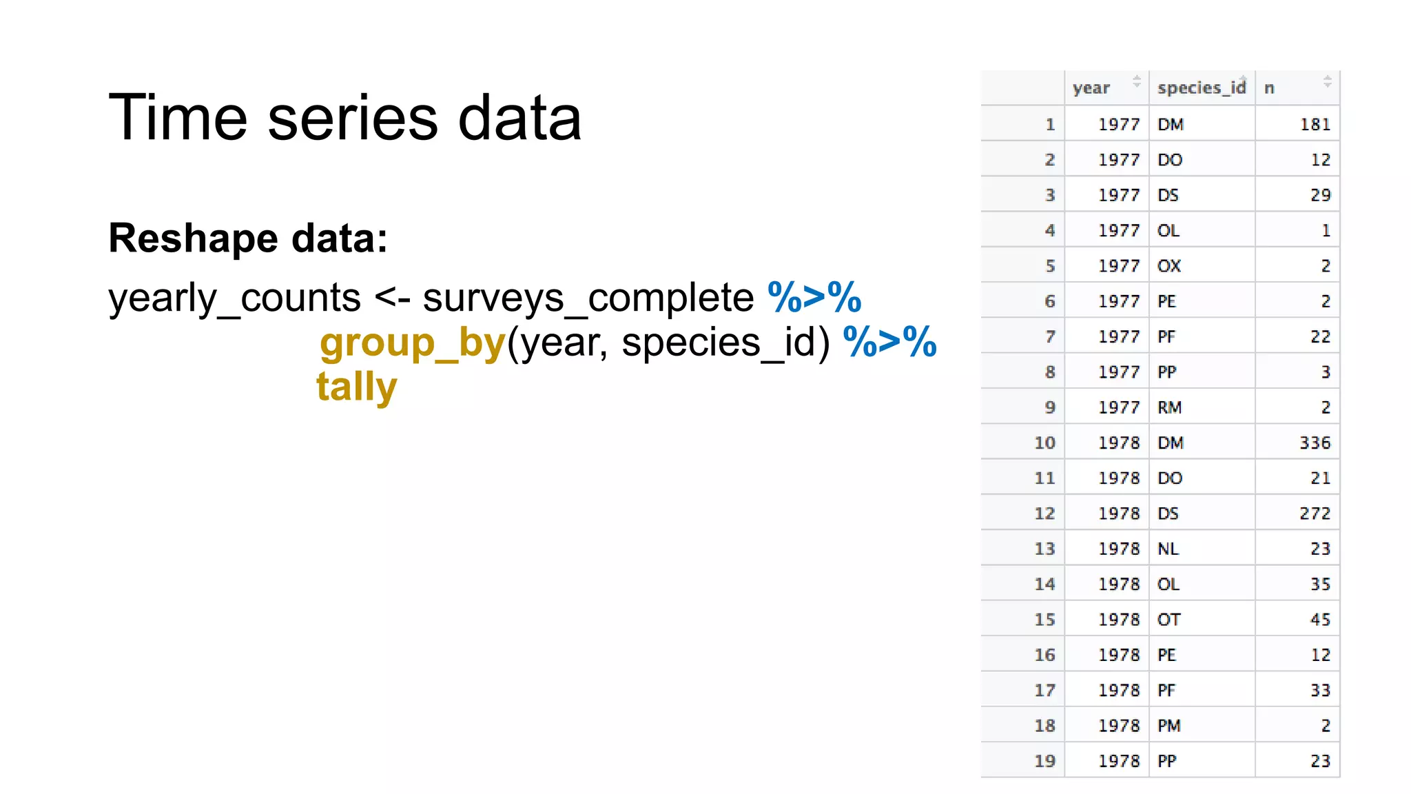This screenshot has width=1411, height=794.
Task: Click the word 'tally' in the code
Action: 356,387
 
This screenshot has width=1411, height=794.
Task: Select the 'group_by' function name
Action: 413,343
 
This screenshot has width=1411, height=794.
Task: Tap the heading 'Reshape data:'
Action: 248,238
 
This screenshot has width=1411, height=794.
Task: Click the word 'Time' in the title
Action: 177,118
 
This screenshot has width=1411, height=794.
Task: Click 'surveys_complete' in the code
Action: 588,298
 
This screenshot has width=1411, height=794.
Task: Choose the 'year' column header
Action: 1091,88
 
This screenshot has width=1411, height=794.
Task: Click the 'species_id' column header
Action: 1202,88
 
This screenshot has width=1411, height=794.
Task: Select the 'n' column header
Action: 1269,88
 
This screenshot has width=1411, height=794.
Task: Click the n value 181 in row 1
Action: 1315,125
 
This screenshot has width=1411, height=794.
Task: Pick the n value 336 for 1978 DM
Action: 1315,443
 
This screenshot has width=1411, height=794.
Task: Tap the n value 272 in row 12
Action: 1315,513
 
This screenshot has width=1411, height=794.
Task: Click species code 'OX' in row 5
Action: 1169,266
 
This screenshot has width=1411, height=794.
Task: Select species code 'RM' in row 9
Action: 1170,407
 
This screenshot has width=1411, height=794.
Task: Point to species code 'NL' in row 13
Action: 1168,549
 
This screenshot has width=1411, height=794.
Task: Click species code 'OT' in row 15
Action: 1169,620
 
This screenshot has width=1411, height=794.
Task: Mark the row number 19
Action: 1044,761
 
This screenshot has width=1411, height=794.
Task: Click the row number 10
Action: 1044,443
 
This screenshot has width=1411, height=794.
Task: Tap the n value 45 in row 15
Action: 1320,620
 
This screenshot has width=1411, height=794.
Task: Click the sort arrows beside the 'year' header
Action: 1137,81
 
